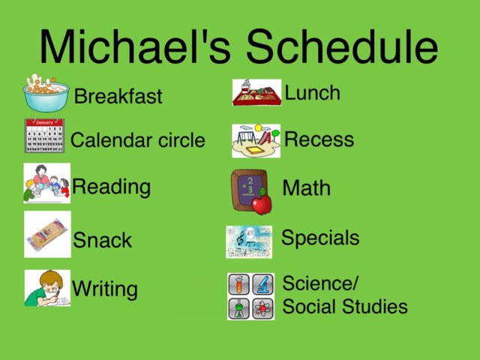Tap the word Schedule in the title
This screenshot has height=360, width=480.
(x=342, y=46)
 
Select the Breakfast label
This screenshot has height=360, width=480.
(x=118, y=97)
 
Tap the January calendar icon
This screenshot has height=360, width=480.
(x=44, y=136)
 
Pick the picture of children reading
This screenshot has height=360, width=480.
(x=46, y=183)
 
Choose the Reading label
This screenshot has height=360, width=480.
(x=111, y=187)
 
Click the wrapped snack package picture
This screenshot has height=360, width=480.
(x=47, y=234)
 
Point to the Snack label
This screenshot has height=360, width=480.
(x=102, y=241)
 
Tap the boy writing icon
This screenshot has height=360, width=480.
(x=46, y=288)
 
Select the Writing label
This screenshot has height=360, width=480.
(x=105, y=289)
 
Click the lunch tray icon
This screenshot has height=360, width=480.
(x=256, y=93)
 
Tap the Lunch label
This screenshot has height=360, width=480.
(x=313, y=93)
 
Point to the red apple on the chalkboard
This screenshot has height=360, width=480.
(x=261, y=202)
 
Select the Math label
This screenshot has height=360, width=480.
(x=306, y=187)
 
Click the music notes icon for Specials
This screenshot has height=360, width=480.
(x=249, y=241)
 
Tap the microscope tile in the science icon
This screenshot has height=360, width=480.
(x=262, y=284)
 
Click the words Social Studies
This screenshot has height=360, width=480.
(x=345, y=306)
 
